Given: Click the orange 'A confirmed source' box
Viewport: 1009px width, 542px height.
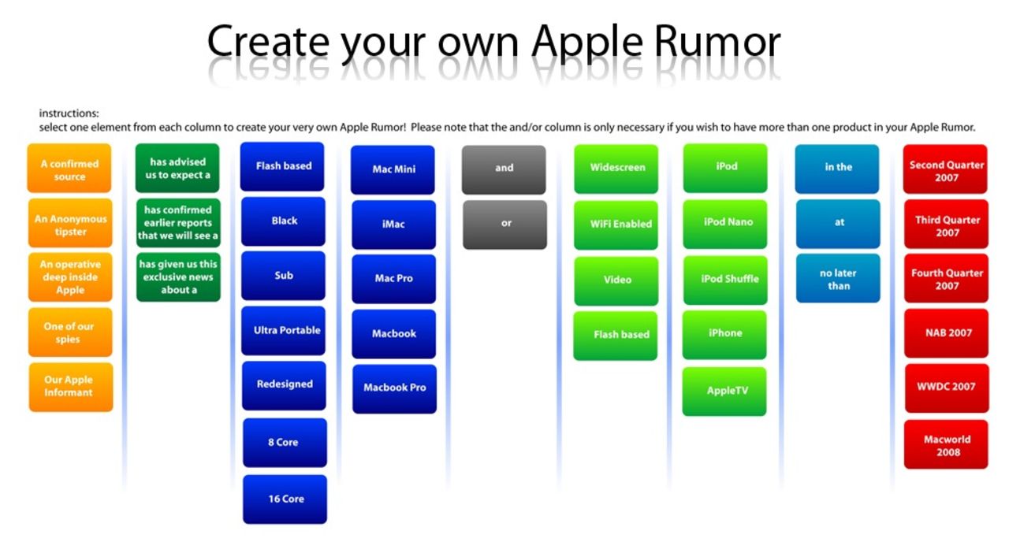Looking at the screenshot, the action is (x=69, y=169).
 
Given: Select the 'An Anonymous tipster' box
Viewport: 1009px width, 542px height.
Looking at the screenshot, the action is (x=70, y=223).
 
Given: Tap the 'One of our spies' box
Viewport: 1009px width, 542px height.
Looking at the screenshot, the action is (x=70, y=332).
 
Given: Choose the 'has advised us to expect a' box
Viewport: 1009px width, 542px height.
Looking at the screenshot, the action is (x=177, y=168).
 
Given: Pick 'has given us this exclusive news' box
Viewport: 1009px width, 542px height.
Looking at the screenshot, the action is (x=178, y=277).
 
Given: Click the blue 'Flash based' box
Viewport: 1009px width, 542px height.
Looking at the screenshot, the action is (x=282, y=166).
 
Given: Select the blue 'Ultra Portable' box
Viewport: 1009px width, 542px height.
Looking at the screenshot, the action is (x=283, y=330).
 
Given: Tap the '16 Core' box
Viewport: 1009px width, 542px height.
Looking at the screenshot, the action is (x=285, y=499).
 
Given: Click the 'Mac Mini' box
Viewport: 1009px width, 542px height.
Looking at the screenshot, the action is (x=393, y=169).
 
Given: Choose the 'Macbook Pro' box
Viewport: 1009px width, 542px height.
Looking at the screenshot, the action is (x=395, y=389).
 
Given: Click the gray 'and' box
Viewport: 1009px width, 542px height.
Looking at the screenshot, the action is (x=504, y=169).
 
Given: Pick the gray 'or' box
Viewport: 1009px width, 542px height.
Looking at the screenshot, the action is (x=505, y=225).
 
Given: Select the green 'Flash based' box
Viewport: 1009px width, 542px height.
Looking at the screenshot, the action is (x=616, y=336).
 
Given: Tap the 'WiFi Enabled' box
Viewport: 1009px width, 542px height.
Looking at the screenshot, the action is (x=616, y=225).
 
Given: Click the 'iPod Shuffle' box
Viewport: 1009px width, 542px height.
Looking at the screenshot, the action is (x=725, y=280).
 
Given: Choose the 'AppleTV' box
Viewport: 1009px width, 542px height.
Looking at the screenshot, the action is (x=724, y=392).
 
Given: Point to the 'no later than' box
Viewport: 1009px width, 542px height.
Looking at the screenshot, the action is (x=838, y=278).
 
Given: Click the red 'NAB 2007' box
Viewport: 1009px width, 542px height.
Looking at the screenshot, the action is (x=947, y=333).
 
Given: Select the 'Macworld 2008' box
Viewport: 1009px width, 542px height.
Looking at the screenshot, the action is (x=946, y=444).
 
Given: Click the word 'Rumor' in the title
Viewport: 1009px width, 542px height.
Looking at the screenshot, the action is (x=717, y=42).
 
